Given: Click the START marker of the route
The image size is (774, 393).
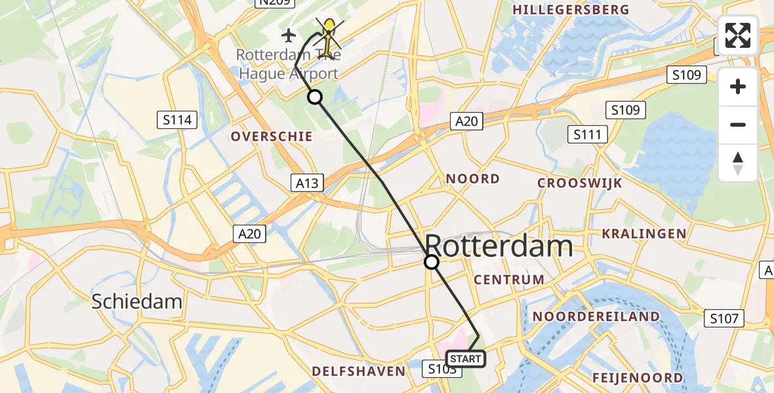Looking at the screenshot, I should tap(466, 359).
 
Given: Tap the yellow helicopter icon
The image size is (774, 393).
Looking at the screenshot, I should tap(328, 36).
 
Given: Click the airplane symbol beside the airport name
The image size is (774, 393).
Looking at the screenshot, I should tap(288, 34).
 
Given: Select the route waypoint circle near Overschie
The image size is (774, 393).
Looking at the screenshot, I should tap(316, 97).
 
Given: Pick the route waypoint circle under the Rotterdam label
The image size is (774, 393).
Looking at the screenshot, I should tap(432, 262).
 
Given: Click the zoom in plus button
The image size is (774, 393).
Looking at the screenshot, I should tap(738, 86).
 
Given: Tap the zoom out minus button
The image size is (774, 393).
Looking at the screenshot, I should tap(738, 124).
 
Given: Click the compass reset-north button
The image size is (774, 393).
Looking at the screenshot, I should tap(738, 163).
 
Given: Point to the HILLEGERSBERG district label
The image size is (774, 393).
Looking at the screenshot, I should tap(571, 10).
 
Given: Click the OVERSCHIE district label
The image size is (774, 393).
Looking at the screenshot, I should tap(271, 136).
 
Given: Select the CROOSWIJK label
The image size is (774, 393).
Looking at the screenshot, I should tap(579, 183).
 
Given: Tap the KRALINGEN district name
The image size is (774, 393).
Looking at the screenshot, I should tap(644, 234).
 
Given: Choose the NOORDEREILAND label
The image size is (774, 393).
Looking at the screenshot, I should tap(596, 316).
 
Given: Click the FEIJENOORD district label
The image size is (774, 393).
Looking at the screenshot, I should tap(637, 378).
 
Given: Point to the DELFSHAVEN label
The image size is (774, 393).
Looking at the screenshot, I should tap(358, 371).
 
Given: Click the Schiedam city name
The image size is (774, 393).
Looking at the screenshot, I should tap(136, 301).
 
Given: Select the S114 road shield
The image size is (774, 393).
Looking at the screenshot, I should tap(178, 120).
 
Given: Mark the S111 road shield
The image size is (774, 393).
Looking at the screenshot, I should tap(588, 135).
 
